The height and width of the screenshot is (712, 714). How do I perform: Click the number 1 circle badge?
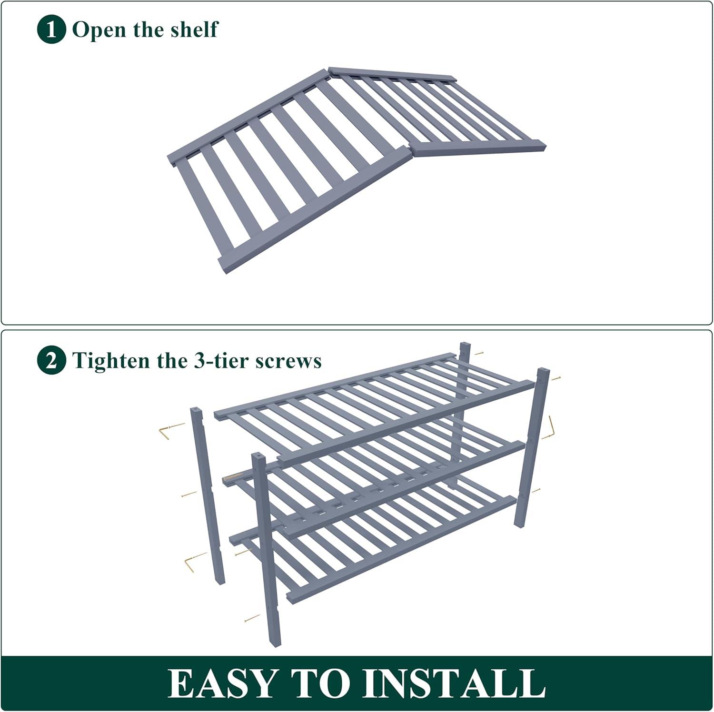click(x=51, y=30)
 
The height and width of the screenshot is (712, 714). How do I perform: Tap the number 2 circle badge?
click(x=51, y=360)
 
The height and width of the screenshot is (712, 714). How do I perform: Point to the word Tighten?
click(x=110, y=361)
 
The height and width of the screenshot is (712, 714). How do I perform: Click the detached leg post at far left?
click(x=208, y=495)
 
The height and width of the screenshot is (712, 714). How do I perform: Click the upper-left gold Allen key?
click(x=171, y=431)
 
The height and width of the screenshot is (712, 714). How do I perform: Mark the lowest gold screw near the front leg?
click(x=251, y=619)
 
